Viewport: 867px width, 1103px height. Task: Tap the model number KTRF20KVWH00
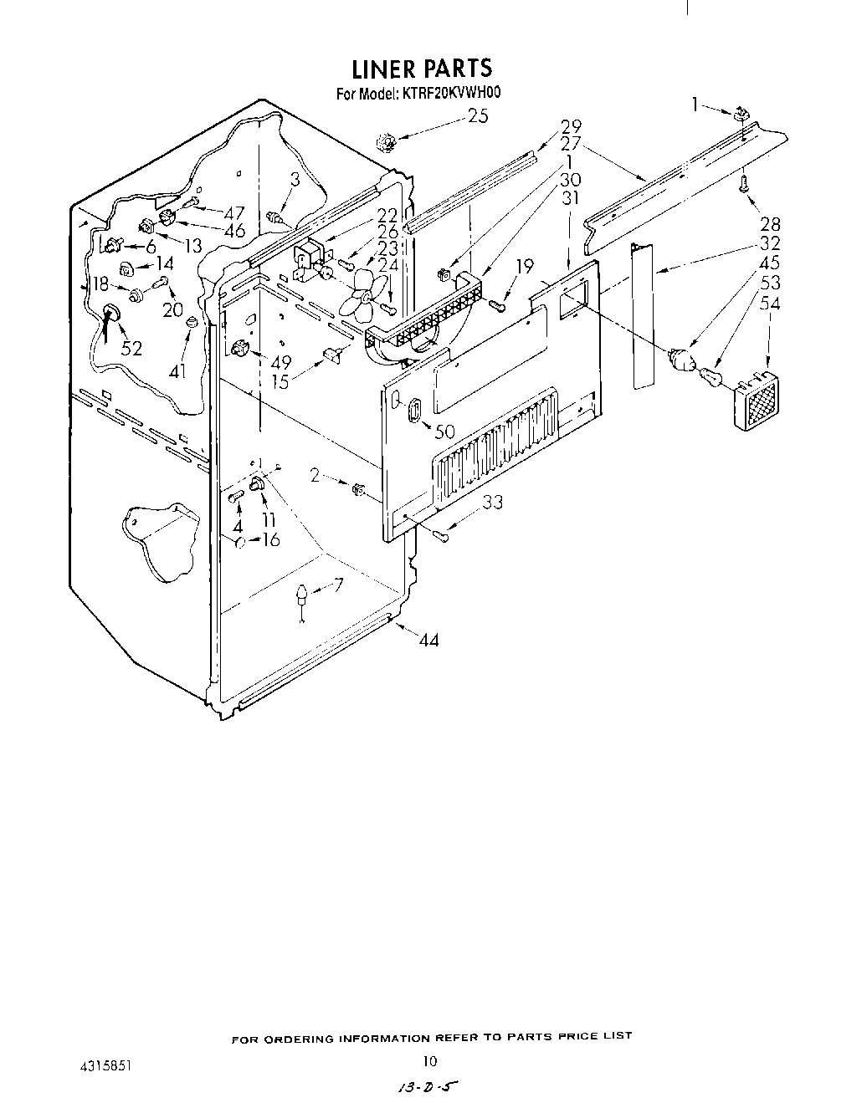[453, 94]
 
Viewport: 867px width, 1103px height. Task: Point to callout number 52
[131, 348]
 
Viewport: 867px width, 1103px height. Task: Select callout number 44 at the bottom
[428, 640]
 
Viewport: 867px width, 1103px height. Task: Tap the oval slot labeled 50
[413, 413]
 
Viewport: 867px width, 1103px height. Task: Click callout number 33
[494, 503]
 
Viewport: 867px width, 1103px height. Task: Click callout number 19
[525, 267]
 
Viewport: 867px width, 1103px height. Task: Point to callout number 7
[337, 585]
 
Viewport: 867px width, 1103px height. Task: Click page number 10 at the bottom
[429, 1061]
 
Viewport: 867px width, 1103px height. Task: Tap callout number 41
[177, 370]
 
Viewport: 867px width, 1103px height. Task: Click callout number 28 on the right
[770, 223]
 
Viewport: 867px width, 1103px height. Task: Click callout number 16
[270, 539]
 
